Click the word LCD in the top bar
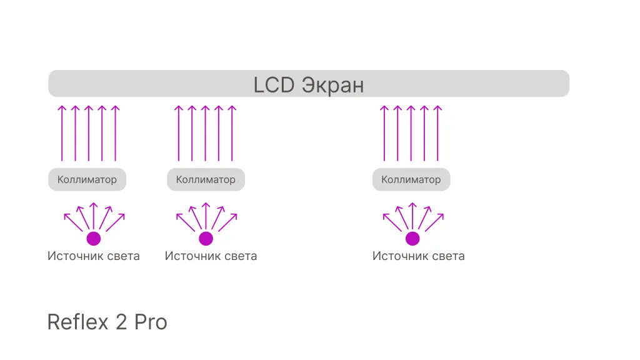(274, 85)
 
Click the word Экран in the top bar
(332, 85)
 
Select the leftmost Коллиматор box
(87, 179)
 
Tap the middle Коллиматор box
(206, 179)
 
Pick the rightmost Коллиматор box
(411, 179)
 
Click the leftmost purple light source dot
(94, 238)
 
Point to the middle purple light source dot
(206, 238)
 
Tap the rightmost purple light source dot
(412, 238)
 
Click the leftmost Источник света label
(94, 256)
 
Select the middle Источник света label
(211, 256)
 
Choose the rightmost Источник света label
(418, 256)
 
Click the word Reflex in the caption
(78, 322)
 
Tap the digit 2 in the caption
(121, 322)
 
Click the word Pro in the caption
(151, 322)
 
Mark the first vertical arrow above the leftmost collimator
(62, 133)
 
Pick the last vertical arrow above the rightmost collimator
(438, 133)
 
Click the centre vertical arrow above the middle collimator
(205, 133)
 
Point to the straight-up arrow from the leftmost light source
(94, 216)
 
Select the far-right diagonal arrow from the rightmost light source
(434, 222)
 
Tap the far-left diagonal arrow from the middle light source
(185, 222)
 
